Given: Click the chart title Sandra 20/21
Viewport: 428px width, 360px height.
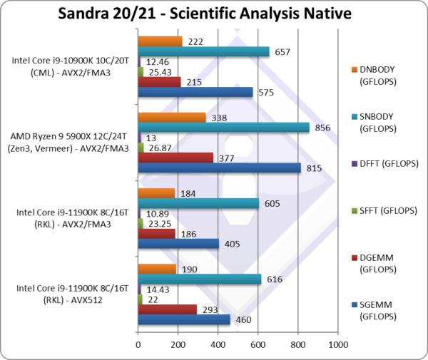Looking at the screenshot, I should [213, 14].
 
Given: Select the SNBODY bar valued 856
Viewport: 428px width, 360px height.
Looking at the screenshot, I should [223, 127].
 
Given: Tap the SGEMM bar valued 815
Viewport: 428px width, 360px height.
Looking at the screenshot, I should [219, 168].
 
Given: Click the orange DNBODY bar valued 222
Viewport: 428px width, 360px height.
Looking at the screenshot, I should [160, 41].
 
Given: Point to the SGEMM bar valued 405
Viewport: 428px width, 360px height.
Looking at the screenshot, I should [178, 244].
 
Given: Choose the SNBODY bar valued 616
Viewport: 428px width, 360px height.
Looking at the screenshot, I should [199, 279].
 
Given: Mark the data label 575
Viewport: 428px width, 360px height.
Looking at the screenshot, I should [267, 92].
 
